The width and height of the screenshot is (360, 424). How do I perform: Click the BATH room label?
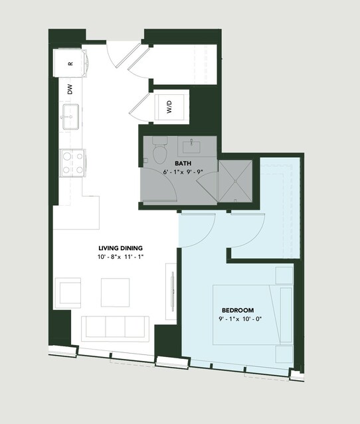coord(183,163)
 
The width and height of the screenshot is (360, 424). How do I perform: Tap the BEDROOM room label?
coord(238,310)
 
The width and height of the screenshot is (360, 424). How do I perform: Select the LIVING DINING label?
coord(120,248)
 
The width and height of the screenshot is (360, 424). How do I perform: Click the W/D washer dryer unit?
coord(169,107)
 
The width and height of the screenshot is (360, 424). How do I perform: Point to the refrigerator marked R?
coord(70,63)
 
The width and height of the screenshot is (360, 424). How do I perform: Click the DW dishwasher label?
coord(70,90)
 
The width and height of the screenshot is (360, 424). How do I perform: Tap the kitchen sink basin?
coord(70,117)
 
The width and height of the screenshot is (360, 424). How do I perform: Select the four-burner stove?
coord(72,163)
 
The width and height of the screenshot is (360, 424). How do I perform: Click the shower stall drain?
coord(235,180)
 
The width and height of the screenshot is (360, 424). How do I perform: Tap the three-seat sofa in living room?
coord(116,328)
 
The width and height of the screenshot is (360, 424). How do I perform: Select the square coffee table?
coord(116,293)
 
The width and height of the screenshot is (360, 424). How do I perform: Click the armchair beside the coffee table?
coord(68,293)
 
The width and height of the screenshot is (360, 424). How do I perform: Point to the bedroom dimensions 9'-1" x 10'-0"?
coord(240,319)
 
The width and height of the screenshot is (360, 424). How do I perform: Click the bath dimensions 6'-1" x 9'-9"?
coord(183,172)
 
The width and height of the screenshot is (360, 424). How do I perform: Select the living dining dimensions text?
coord(120,257)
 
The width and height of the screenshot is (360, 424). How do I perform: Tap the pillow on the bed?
coord(286,315)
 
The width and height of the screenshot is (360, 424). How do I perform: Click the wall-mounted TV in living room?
coord(172,291)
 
